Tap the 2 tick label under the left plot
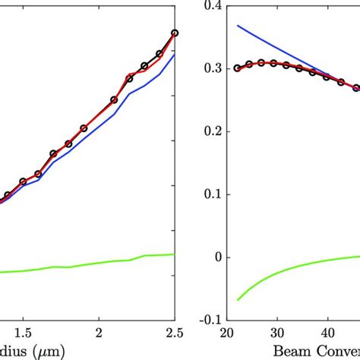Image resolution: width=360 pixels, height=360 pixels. [x=99, y=332]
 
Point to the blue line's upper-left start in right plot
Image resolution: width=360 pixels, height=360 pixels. [x=238, y=26]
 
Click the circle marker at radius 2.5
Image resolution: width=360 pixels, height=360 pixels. [x=175, y=33]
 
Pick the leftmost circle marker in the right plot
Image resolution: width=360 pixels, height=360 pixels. [x=237, y=68]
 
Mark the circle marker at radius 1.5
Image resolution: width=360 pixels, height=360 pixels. [x=23, y=182]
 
